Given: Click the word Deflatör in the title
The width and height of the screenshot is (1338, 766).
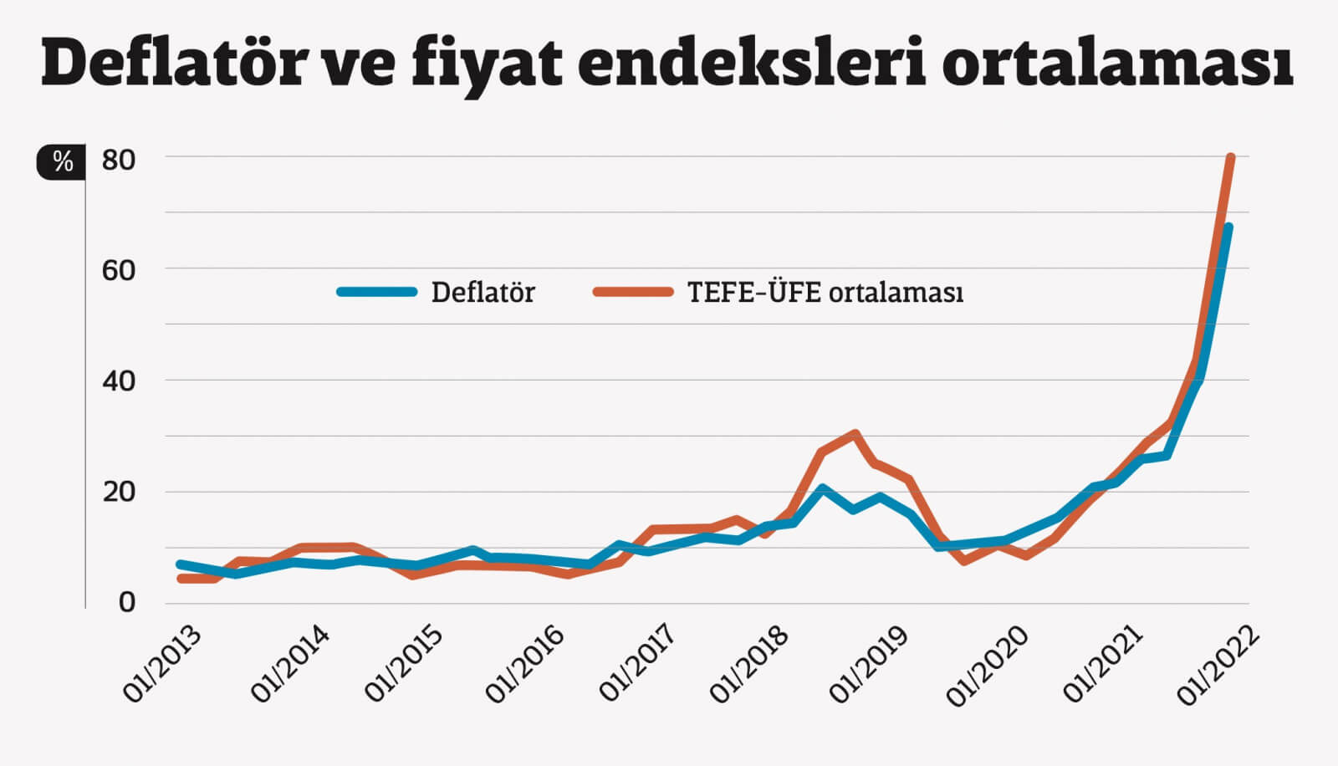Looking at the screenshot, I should coord(173,64).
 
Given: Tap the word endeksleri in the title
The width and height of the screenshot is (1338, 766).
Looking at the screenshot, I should coord(752,64).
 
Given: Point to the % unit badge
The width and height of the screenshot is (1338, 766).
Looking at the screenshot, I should coord(61,161).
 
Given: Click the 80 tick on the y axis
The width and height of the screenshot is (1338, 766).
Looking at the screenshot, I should coord(118,159).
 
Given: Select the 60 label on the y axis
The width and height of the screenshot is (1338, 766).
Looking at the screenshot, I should coord(118,270).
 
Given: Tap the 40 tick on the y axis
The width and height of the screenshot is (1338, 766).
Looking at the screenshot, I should coord(118,381).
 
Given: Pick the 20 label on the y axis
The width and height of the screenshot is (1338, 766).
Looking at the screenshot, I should coord(118,492).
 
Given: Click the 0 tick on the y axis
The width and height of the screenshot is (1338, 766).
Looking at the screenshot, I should coord(126,602).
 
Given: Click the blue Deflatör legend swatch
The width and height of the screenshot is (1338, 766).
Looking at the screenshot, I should coord(377,292).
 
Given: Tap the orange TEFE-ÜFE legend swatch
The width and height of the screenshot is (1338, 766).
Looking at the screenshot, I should coord(633,292).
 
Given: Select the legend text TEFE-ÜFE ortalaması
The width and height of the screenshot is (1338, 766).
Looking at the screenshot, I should coord(825,293).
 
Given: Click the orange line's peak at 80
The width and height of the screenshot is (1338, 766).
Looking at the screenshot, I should coord(1230,157).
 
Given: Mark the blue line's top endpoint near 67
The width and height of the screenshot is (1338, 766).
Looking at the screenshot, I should coord(1228,227).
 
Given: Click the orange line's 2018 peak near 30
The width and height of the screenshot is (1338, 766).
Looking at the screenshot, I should coord(855,434).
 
